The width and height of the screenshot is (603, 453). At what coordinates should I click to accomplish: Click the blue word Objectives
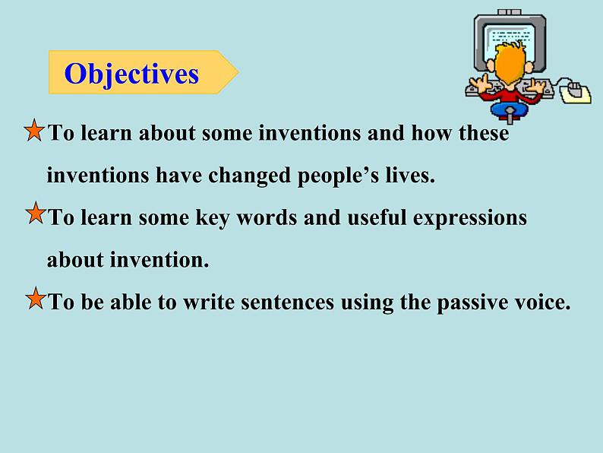pos(131,74)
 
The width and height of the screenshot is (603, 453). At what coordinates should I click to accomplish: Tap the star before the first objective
pos(34,130)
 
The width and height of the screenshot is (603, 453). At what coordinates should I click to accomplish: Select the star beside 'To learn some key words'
pos(36,213)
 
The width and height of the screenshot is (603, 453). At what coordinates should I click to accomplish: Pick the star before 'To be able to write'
pos(36,298)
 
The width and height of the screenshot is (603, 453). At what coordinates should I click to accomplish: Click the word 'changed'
pos(249,176)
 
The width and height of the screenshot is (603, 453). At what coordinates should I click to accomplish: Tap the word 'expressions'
pos(470,218)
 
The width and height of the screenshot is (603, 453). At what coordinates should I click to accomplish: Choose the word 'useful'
pos(377,217)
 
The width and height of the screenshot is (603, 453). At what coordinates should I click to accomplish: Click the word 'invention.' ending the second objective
pos(159,259)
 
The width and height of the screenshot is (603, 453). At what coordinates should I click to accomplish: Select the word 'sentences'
pos(287,302)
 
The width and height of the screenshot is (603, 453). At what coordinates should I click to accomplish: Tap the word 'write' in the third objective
pos(209,302)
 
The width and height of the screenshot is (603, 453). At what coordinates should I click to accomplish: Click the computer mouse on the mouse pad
pos(575,89)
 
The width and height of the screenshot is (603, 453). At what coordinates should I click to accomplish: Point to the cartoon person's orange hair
pos(510,62)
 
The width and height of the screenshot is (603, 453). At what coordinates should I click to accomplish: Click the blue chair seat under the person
pos(510,109)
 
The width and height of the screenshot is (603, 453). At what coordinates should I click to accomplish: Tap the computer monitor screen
pos(510,39)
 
